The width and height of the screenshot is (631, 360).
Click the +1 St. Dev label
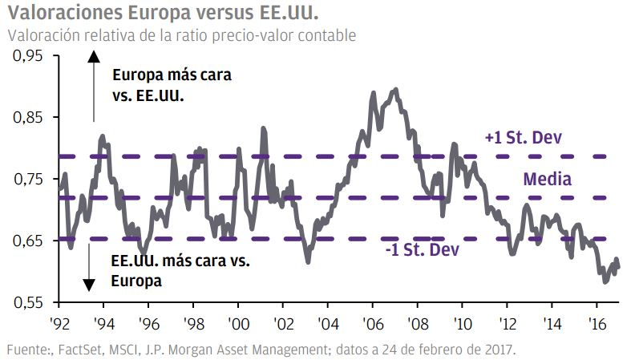coord(522,138)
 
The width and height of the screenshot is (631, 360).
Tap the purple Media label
coord(547,179)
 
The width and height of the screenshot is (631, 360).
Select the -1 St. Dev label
coord(422,250)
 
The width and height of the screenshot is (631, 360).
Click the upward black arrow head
coord(94,56)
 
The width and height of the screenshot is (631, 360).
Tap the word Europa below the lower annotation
coord(137,281)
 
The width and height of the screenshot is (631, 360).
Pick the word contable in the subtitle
coord(328,36)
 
